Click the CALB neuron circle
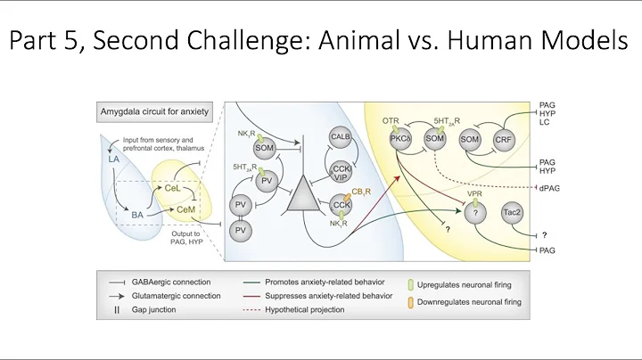tap(339, 136)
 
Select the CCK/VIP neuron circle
tap(340, 171)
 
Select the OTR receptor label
tap(391, 119)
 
